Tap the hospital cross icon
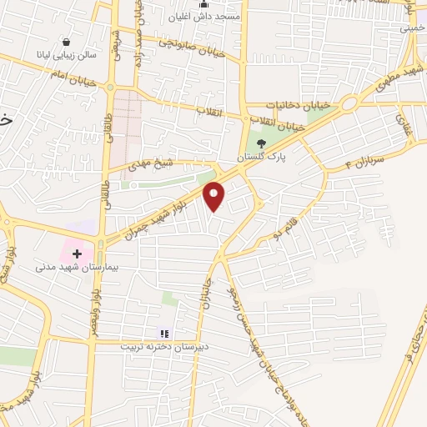[77, 252]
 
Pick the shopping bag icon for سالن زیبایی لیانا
[66, 41]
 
